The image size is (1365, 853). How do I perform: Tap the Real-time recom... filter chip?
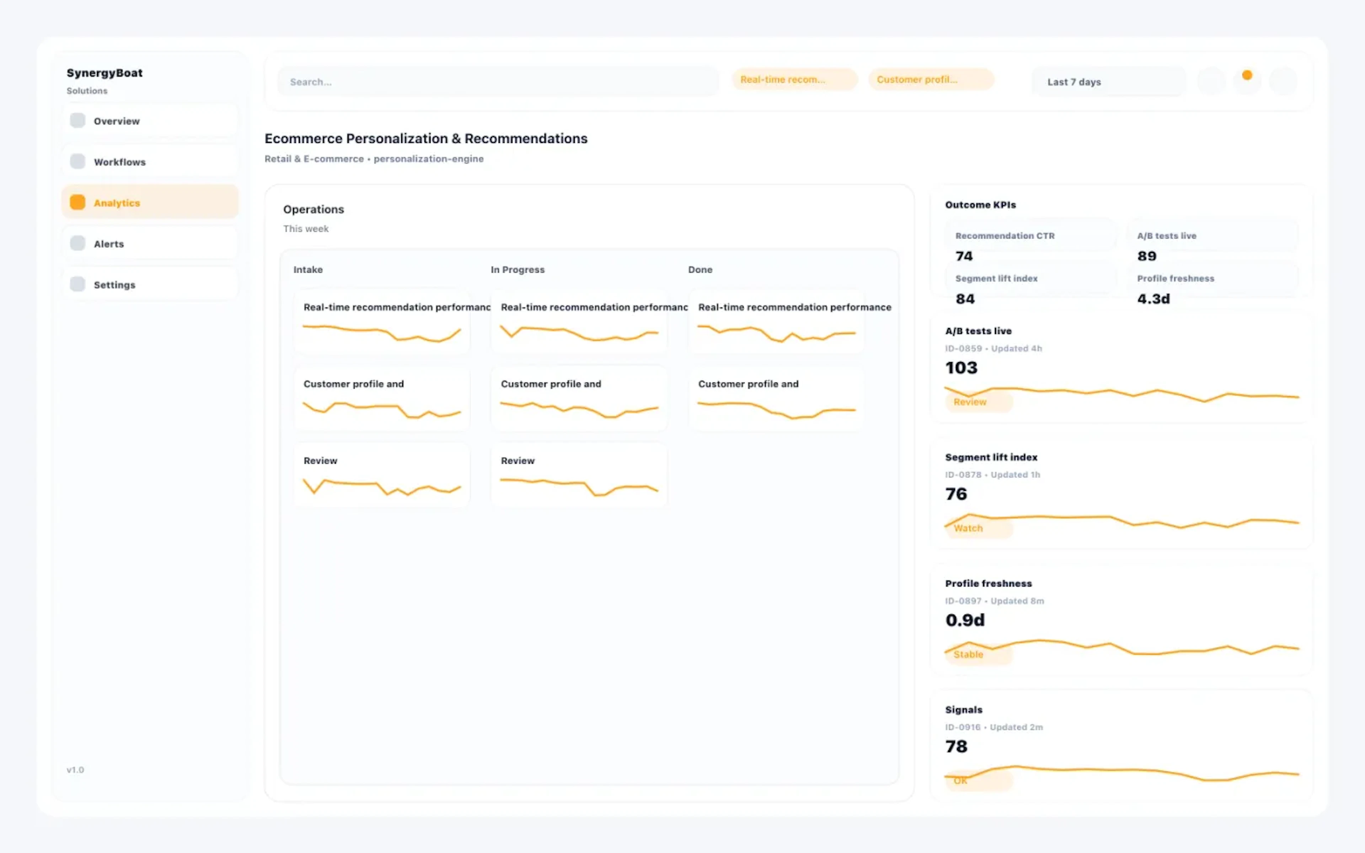pos(794,80)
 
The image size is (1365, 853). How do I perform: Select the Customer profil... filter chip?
pos(931,80)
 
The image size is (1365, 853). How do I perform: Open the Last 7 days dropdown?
pos(1108,82)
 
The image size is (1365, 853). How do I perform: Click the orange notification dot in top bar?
pos(1247,75)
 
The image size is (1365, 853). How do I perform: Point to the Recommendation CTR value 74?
pos(964,256)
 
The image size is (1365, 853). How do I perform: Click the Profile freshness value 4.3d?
pos(1153,299)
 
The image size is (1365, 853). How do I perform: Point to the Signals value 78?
pos(956,746)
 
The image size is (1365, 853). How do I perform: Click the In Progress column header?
pos(517,270)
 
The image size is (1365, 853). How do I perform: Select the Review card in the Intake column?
pos(382,475)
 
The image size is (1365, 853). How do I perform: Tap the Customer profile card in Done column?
pos(776,398)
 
